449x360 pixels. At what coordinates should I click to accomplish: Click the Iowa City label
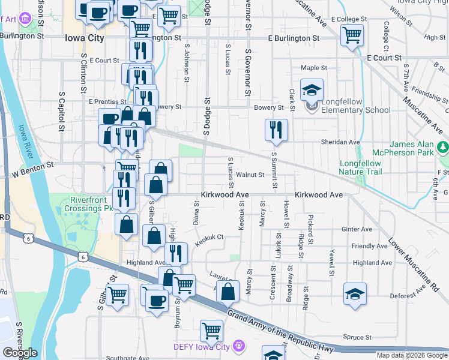[84, 37]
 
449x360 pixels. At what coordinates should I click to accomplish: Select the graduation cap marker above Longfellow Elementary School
[312, 91]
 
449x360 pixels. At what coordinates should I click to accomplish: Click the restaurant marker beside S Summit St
[276, 130]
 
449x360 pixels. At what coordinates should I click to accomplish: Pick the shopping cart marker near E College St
[352, 34]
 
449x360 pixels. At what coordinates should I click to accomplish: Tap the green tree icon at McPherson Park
[443, 146]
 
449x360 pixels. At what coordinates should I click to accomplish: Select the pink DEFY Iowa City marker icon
[239, 346]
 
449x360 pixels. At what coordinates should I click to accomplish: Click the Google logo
[20, 353]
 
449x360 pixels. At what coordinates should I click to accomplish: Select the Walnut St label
[250, 175]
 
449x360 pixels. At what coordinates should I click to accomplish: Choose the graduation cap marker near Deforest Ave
[355, 293]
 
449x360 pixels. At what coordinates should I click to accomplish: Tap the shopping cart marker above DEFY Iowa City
[211, 330]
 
